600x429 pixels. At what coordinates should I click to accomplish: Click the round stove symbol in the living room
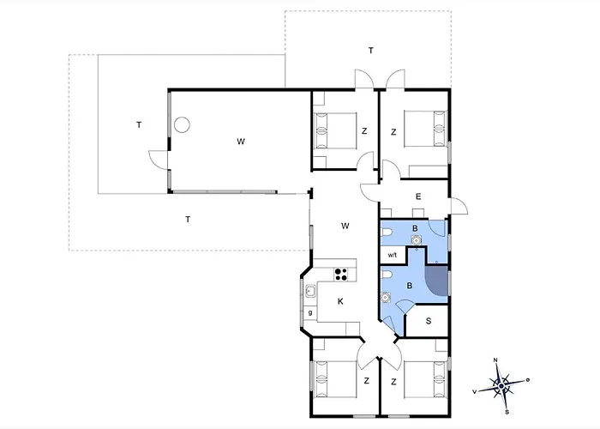(x=182, y=124)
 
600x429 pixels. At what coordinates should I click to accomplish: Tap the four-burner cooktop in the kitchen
(x=341, y=275)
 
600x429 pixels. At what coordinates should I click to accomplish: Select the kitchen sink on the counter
(x=310, y=292)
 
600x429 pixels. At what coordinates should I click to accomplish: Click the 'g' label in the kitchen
(x=310, y=313)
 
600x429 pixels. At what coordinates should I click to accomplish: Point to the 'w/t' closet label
(x=393, y=255)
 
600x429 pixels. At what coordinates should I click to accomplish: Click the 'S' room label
(x=429, y=321)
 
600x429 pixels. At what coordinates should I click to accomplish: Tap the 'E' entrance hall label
(x=418, y=196)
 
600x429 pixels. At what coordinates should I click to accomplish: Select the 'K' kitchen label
(x=340, y=302)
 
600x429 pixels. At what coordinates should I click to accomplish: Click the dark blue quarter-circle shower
(x=436, y=281)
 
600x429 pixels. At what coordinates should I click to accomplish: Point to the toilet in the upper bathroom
(x=386, y=233)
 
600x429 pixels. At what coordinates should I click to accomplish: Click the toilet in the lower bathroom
(x=386, y=275)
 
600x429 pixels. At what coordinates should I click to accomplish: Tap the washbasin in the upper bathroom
(x=416, y=240)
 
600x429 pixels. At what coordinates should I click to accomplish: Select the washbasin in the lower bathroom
(x=386, y=298)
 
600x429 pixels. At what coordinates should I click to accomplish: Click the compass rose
(x=501, y=385)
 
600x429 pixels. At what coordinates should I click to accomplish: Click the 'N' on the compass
(x=495, y=360)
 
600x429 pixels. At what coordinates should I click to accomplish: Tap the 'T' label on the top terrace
(x=371, y=50)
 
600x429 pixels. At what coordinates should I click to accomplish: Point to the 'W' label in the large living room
(x=241, y=142)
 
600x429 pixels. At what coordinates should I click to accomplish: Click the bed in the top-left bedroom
(x=335, y=130)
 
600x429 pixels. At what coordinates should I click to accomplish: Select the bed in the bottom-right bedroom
(x=425, y=379)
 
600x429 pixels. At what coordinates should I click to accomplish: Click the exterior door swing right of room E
(x=459, y=207)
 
